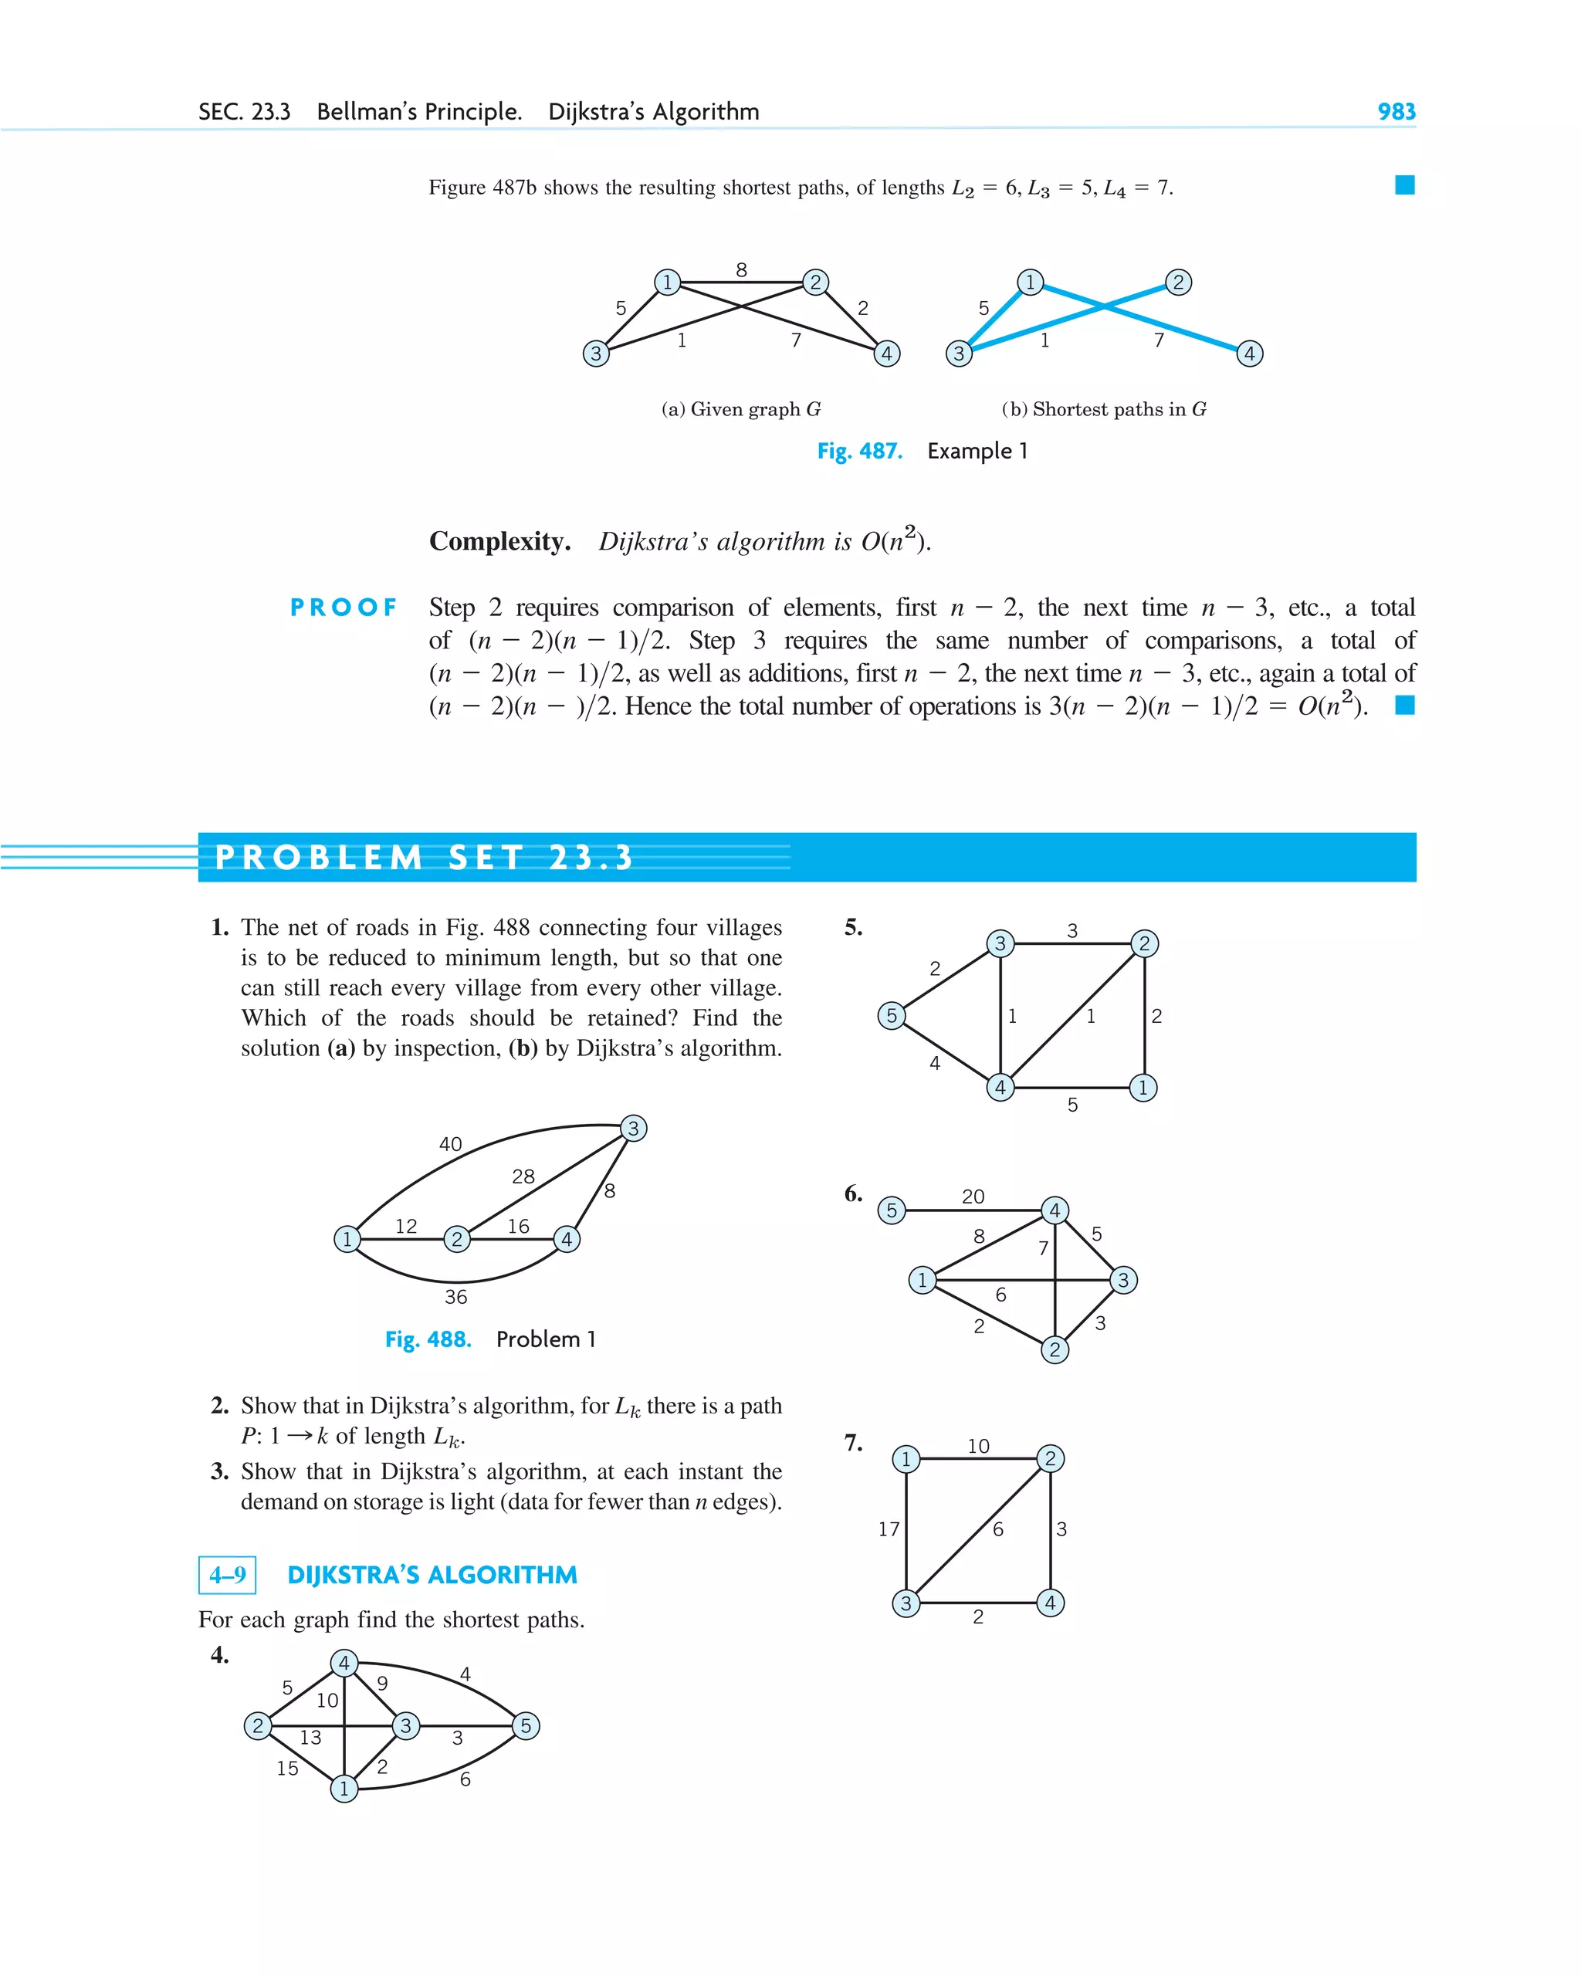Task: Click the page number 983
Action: [1396, 111]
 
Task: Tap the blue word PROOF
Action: [344, 607]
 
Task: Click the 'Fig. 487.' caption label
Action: [859, 451]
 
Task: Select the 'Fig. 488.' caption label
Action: [428, 1339]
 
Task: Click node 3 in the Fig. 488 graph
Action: [633, 1128]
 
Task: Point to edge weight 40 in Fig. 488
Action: [450, 1143]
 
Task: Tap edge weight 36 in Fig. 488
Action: [455, 1297]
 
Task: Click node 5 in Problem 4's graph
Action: [526, 1726]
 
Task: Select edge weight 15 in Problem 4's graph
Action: [287, 1768]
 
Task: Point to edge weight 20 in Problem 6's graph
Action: [973, 1197]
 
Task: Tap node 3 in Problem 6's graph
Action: [1123, 1280]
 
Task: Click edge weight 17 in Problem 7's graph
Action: [889, 1528]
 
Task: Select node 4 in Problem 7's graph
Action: [1050, 1603]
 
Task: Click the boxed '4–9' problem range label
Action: [228, 1575]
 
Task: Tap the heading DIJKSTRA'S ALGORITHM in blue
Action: [432, 1575]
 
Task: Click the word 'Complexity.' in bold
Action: [499, 541]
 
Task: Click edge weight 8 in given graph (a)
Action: [741, 269]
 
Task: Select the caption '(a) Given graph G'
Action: [741, 409]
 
